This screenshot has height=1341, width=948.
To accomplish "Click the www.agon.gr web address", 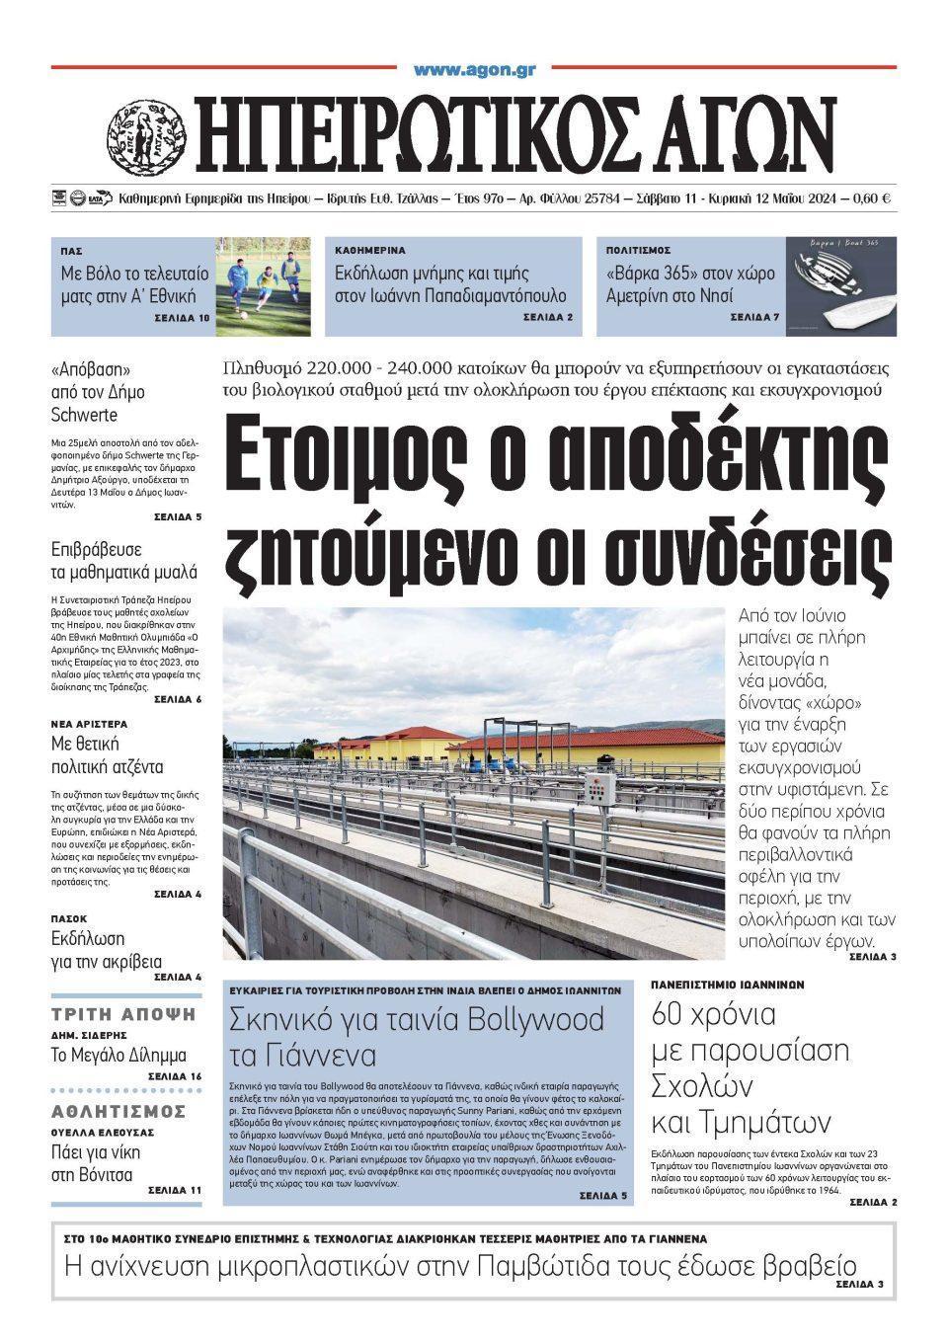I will tap(474, 69).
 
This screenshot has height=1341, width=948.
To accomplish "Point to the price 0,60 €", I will tap(869, 198).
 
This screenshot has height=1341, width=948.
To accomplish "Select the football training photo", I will tap(263, 285).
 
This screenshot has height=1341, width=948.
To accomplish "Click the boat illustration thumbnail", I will tap(840, 285).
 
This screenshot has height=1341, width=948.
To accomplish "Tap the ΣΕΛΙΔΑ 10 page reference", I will tap(182, 318).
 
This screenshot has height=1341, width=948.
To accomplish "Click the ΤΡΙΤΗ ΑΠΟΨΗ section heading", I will tap(124, 1014).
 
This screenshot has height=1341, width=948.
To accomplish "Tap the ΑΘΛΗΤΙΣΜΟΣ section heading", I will tap(118, 1112).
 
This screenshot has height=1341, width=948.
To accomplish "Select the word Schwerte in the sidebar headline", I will tap(84, 415).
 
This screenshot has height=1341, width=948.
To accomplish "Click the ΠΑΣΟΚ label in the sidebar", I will tap(69, 918).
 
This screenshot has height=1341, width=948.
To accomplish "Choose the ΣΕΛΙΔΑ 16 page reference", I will tap(175, 1075).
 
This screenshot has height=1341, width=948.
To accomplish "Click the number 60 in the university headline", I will tap(672, 1014).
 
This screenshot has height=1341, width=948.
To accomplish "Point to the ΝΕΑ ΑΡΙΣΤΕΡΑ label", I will tap(90, 724).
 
